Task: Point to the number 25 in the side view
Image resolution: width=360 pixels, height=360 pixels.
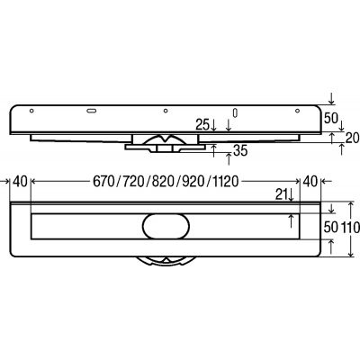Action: [x=201, y=125]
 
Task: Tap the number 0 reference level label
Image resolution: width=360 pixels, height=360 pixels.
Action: [x=234, y=112]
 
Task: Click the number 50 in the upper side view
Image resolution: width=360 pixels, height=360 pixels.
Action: [x=330, y=118]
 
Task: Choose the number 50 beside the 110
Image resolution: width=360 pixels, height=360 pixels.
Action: [x=330, y=229]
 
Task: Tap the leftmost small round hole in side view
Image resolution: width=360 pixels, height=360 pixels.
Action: [x=31, y=110]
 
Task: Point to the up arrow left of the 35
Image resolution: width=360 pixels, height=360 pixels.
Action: [x=213, y=151]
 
